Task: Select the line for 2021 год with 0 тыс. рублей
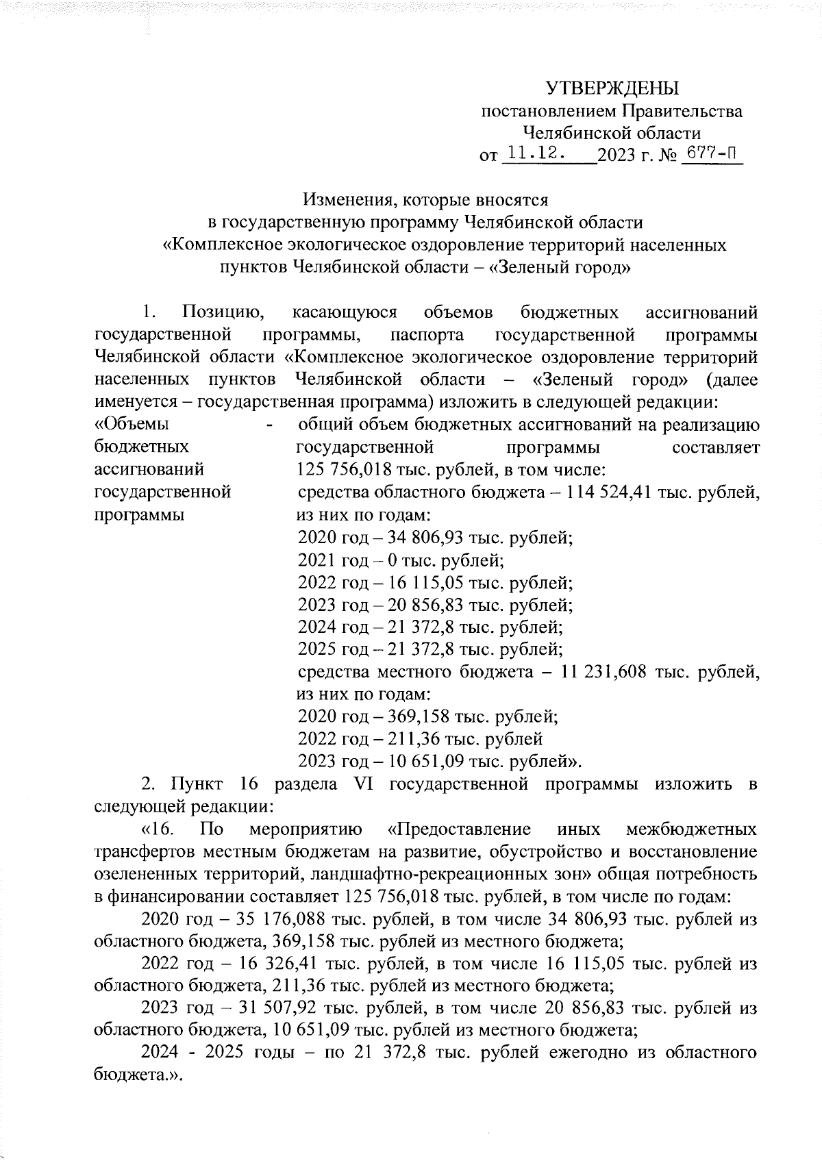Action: [x=401, y=560]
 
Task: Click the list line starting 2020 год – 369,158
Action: [x=428, y=717]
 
